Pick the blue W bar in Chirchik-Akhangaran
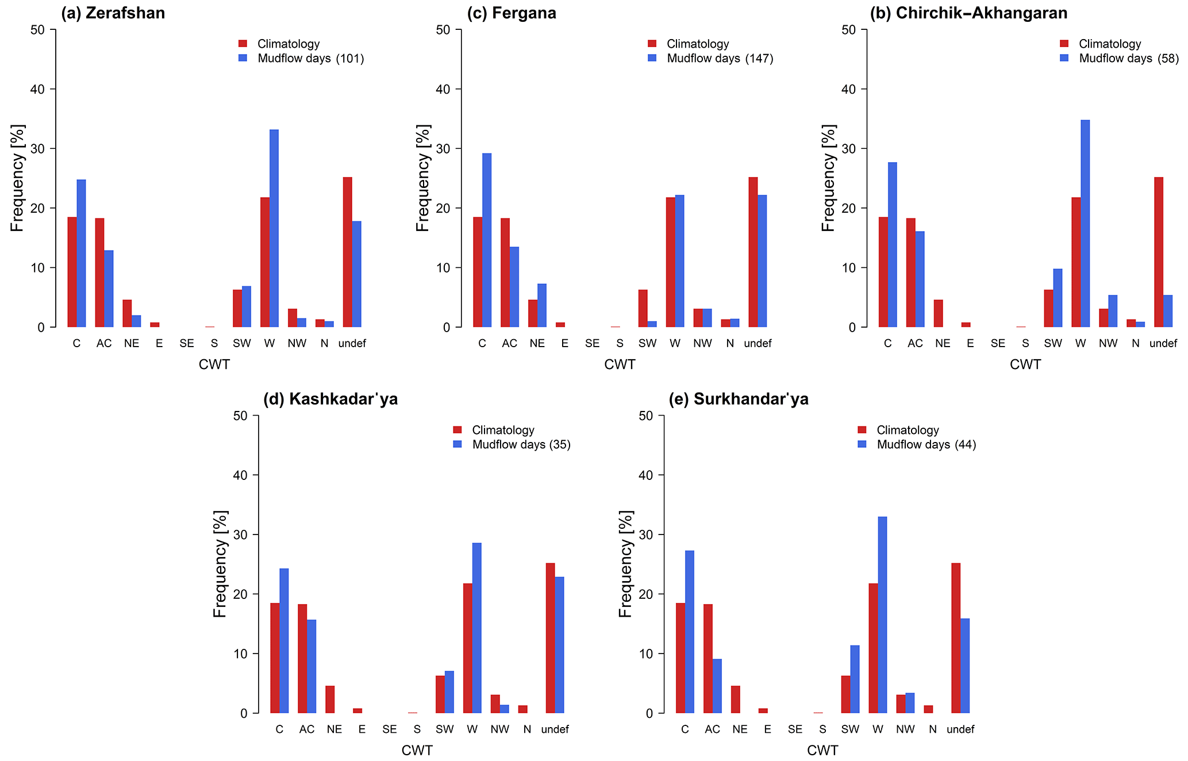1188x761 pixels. [x=1085, y=224]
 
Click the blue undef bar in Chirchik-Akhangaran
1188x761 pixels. [x=1168, y=311]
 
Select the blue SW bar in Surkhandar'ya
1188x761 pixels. [x=855, y=679]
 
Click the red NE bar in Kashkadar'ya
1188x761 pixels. [x=330, y=699]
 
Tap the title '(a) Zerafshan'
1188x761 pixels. [x=113, y=13]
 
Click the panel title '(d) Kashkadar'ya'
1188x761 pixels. [x=330, y=399]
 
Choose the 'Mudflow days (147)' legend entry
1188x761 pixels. [x=720, y=59]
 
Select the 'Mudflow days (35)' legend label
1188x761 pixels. [x=521, y=445]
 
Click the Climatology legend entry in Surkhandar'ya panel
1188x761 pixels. [x=907, y=431]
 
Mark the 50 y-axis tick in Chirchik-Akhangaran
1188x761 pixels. [x=849, y=29]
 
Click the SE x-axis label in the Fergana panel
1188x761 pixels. [x=592, y=344]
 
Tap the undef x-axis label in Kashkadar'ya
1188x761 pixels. [x=555, y=729]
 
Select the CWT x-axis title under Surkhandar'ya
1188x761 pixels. [x=822, y=751]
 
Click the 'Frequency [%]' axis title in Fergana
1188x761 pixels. [x=423, y=178]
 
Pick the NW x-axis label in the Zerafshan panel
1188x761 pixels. [x=297, y=344]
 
